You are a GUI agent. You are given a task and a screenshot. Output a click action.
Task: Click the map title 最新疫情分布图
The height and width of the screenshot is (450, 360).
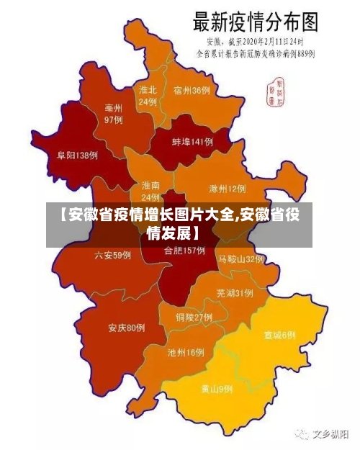[253, 22]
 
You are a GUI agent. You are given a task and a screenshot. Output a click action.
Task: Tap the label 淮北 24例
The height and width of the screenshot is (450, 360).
[148, 96]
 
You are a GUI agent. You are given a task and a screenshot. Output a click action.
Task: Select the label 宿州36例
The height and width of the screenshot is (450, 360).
[192, 90]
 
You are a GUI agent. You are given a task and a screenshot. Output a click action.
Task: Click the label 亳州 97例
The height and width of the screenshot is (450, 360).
[113, 114]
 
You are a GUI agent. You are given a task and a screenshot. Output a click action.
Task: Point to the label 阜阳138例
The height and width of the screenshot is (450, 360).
[77, 155]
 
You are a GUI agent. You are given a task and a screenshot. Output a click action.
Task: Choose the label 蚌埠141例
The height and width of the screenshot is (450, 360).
[192, 142]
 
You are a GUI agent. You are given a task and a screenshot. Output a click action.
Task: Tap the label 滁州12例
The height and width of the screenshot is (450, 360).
[227, 189]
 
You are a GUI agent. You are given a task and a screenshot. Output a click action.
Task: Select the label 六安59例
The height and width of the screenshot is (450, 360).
[112, 255]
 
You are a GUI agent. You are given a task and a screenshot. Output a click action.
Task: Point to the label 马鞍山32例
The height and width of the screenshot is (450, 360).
[241, 258]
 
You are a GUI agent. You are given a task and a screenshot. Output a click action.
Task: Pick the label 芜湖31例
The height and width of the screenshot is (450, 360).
[234, 293]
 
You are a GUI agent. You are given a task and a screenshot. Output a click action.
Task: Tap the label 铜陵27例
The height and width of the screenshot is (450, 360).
[194, 317]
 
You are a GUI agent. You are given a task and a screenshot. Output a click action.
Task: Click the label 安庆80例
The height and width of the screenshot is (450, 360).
[127, 328]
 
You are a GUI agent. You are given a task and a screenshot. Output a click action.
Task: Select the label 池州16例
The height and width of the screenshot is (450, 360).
[186, 353]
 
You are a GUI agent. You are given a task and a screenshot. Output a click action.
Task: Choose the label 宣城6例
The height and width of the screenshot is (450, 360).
[279, 335]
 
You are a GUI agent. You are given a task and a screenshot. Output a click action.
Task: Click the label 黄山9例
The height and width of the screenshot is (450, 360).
[217, 389]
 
